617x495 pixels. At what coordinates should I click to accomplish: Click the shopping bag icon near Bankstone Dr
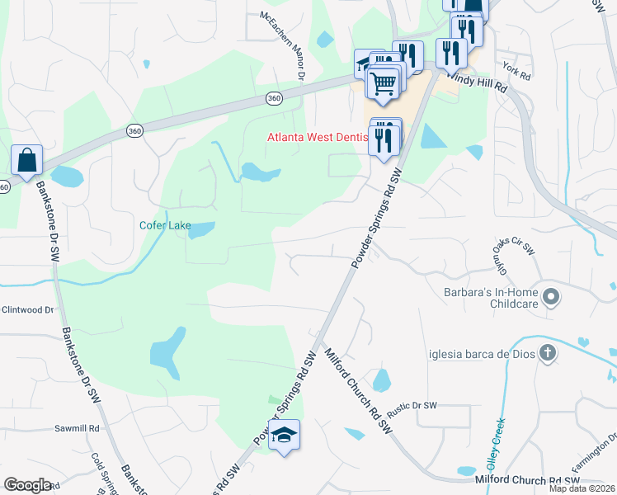(26, 159)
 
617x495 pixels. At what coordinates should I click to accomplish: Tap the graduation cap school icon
(284, 434)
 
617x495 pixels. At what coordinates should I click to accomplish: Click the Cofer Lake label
(164, 224)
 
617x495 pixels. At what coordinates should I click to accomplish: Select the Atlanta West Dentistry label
(317, 137)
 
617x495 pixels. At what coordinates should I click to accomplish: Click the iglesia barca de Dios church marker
(548, 354)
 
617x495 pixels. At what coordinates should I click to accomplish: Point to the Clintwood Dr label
(27, 310)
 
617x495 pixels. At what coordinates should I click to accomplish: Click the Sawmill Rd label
(77, 428)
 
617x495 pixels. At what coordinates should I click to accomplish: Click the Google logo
(28, 485)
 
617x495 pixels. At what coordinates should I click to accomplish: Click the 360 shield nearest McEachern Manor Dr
(275, 97)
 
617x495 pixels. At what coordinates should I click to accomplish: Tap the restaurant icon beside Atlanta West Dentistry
(385, 137)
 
